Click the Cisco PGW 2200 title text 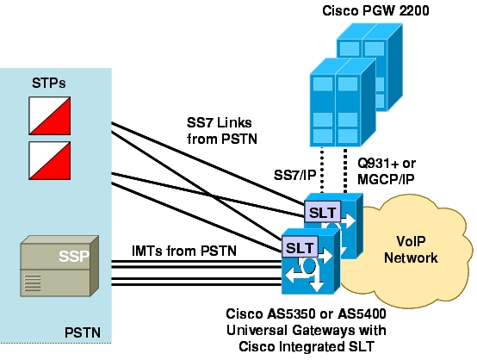tap(375, 11)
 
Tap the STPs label tap(49, 83)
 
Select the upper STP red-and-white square tap(50, 115)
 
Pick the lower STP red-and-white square tap(50, 160)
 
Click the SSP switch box tap(59, 266)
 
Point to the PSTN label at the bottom tap(83, 332)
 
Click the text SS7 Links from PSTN tap(222, 131)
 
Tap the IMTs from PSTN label tap(184, 251)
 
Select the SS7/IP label tap(294, 175)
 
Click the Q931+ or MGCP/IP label tap(387, 171)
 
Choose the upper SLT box tap(323, 212)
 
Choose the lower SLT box tap(300, 247)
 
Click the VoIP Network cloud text tap(411, 250)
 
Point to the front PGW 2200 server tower tap(343, 102)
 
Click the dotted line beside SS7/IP tap(322, 171)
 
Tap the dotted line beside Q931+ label tap(345, 171)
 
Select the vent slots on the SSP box tap(32, 283)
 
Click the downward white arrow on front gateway tap(317, 283)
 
